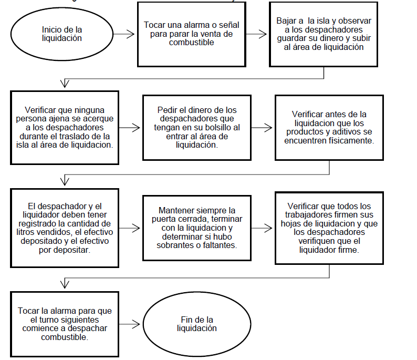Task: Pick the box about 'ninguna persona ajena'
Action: pyautogui.click(x=64, y=127)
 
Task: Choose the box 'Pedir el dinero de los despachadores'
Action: pyautogui.click(x=197, y=127)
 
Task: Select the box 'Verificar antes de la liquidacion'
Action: pyautogui.click(x=329, y=127)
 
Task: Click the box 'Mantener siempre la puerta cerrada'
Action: pyautogui.click(x=197, y=228)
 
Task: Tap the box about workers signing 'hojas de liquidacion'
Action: pyautogui.click(x=329, y=227)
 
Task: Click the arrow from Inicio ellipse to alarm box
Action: pyautogui.click(x=124, y=34)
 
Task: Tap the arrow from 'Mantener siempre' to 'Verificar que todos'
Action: pyautogui.click(x=262, y=228)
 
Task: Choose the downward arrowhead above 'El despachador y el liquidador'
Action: pyautogui.click(x=65, y=181)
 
